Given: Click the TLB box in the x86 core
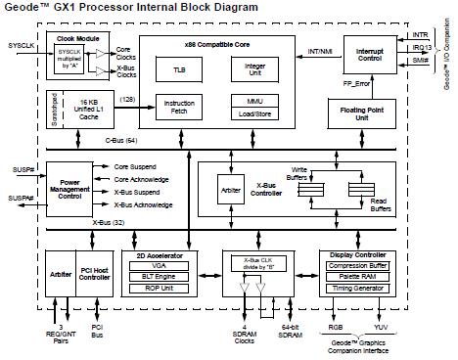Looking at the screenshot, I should coord(180,69).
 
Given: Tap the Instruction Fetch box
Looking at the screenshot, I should coord(180,106).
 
